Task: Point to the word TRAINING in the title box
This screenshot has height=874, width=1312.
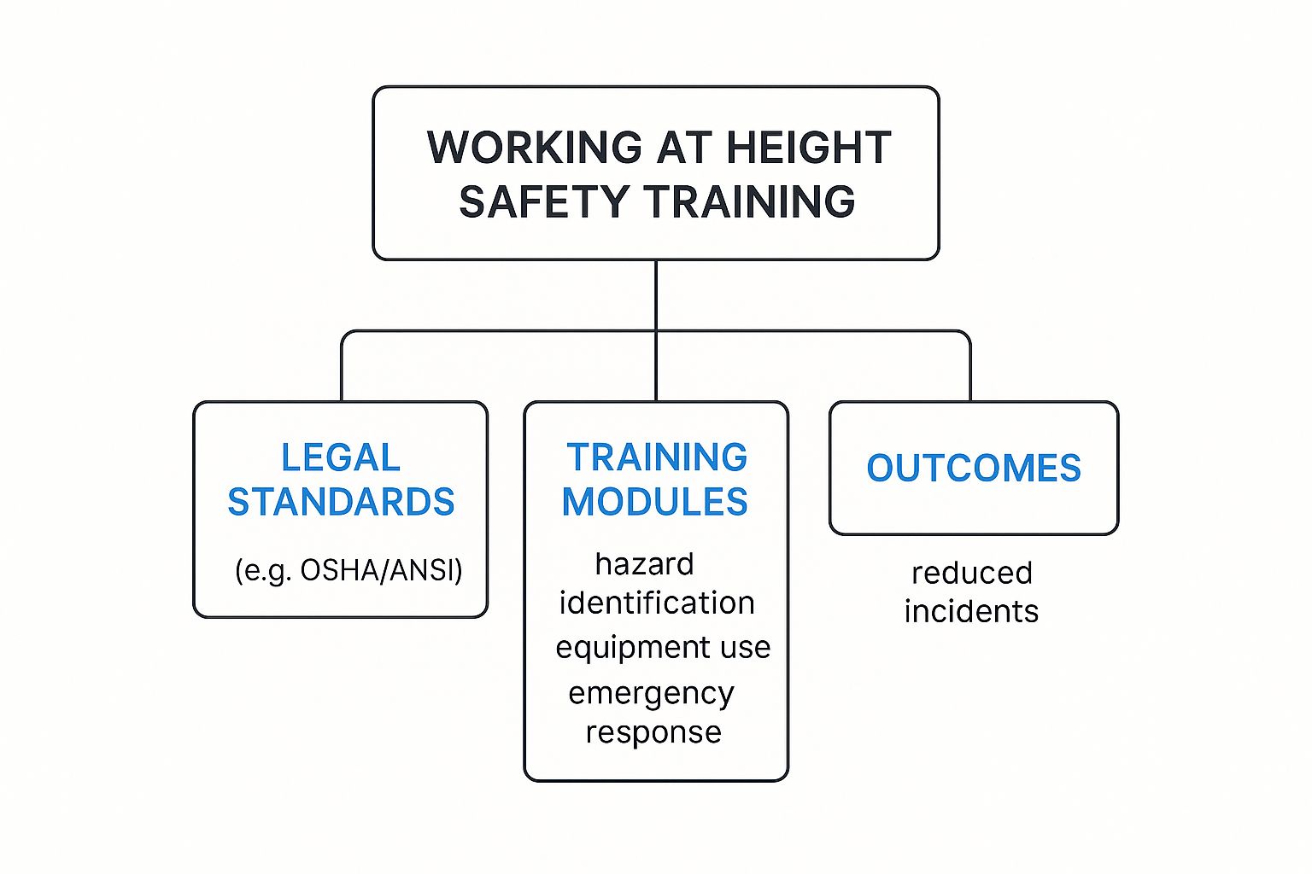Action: coord(750,202)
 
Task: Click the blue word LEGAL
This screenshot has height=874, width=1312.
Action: coord(341,458)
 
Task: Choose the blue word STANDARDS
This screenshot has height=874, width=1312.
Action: coord(341,502)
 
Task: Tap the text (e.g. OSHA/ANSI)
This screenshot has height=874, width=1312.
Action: coord(348,570)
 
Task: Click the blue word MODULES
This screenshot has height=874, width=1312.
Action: coord(655,502)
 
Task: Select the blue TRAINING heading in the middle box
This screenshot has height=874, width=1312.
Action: coord(657,457)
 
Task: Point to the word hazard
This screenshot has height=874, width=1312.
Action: coord(644,564)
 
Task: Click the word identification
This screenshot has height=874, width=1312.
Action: coord(657,603)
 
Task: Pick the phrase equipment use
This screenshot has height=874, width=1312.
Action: coord(663,648)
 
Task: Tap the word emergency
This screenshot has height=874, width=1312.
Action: coord(651,694)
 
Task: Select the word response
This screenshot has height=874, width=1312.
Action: coord(653,732)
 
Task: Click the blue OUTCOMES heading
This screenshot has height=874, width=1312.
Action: coord(974,469)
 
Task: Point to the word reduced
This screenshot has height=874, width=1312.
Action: coord(972,573)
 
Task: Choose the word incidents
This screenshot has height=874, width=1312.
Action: coord(971,612)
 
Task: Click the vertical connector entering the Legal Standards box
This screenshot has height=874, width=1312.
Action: coord(342,371)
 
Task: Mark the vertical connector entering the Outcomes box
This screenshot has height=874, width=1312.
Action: coord(970,371)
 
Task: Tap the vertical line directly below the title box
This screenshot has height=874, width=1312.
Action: coord(656,294)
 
